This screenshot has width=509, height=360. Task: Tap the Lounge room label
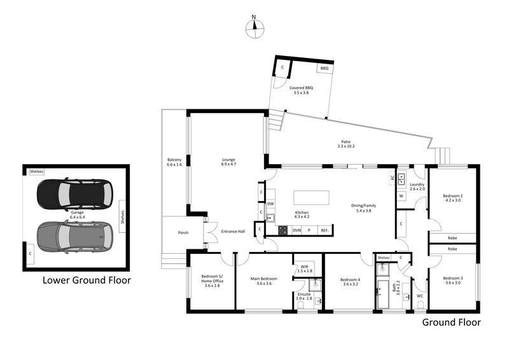tap(228, 160)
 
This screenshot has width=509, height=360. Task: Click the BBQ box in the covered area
tap(324, 68)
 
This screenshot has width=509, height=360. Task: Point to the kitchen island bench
tap(310, 197)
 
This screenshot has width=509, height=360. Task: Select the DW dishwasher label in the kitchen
tap(270, 204)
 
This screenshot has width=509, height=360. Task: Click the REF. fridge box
tap(324, 230)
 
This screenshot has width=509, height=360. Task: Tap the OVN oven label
tap(296, 230)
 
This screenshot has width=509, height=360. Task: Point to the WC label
tap(420, 296)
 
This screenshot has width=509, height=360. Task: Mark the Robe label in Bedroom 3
tap(452, 249)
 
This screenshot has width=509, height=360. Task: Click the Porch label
tap(183, 232)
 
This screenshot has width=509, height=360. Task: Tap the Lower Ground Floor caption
tap(87, 280)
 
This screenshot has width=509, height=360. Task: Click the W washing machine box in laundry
tap(401, 196)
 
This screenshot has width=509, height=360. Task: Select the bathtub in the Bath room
tap(383, 294)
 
